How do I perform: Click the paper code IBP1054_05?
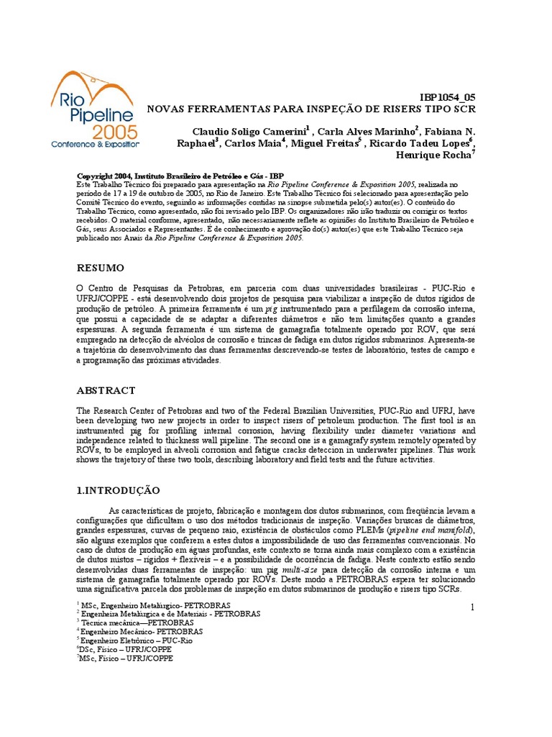[x=447, y=98]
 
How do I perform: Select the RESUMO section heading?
[x=100, y=268]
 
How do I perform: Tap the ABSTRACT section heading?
[x=106, y=390]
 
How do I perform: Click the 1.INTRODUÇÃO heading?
[x=118, y=489]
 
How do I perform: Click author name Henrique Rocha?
[x=443, y=155]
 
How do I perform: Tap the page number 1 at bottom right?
[x=472, y=607]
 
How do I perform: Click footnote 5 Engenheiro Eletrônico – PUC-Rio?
[x=136, y=640]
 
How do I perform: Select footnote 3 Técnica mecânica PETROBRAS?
[x=126, y=623]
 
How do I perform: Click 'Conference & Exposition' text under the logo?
[x=95, y=144]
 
